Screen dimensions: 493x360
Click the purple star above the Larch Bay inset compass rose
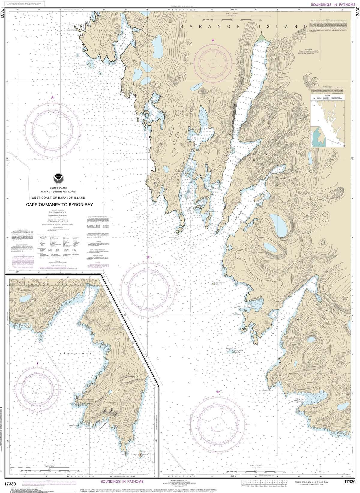click(x=37, y=363)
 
